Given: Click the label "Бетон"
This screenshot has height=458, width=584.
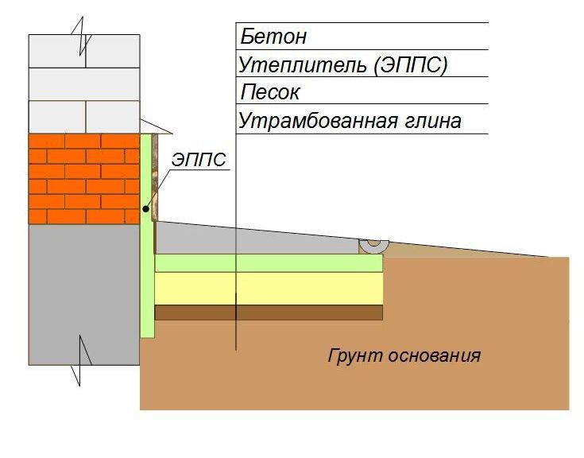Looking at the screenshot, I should [273, 37].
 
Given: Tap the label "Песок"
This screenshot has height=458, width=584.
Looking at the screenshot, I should [270, 92].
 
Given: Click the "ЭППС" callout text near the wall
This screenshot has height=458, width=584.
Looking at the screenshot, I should [200, 161].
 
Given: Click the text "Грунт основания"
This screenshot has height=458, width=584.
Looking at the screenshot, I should [404, 355].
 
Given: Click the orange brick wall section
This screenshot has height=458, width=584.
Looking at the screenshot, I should [83, 178].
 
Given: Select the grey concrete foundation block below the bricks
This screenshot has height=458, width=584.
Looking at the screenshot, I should [83, 294].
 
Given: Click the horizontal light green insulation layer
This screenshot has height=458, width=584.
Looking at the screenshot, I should [269, 263].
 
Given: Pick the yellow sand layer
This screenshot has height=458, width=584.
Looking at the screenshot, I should [269, 289].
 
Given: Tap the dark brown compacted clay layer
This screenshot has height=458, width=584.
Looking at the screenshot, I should [269, 312].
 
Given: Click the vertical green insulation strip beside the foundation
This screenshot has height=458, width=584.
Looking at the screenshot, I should [147, 278].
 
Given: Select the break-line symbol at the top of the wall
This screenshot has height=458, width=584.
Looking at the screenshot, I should [81, 37].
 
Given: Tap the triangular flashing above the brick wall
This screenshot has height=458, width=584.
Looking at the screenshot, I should [156, 126].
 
